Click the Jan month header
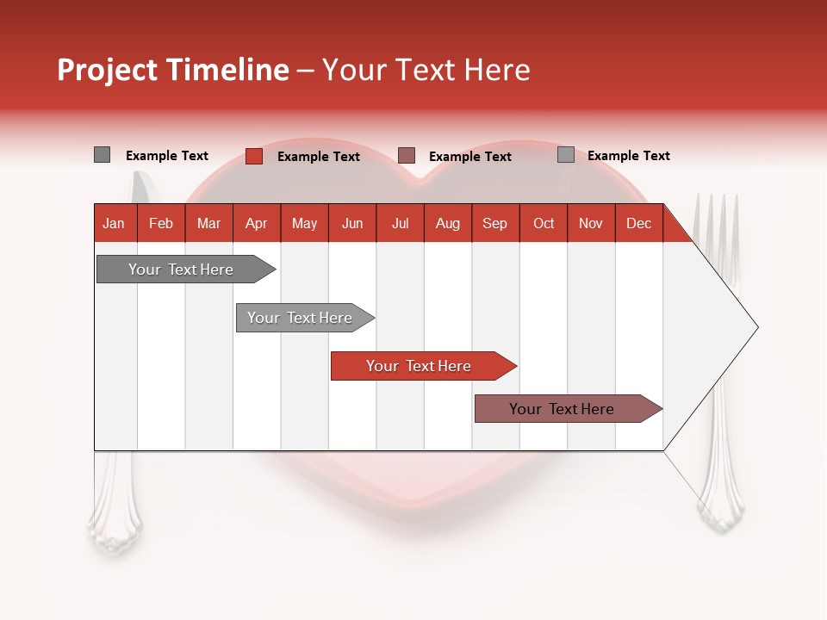(114, 223)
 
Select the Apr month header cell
(256, 223)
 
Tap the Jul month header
(400, 223)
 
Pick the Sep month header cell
(494, 223)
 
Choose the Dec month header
(638, 223)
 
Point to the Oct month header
(544, 223)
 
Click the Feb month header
(161, 223)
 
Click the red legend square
(254, 156)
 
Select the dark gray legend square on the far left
(103, 155)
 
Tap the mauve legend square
(407, 155)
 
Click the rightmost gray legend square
(566, 155)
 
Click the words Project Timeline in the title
(172, 70)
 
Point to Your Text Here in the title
(426, 70)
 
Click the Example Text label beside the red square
(318, 157)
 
